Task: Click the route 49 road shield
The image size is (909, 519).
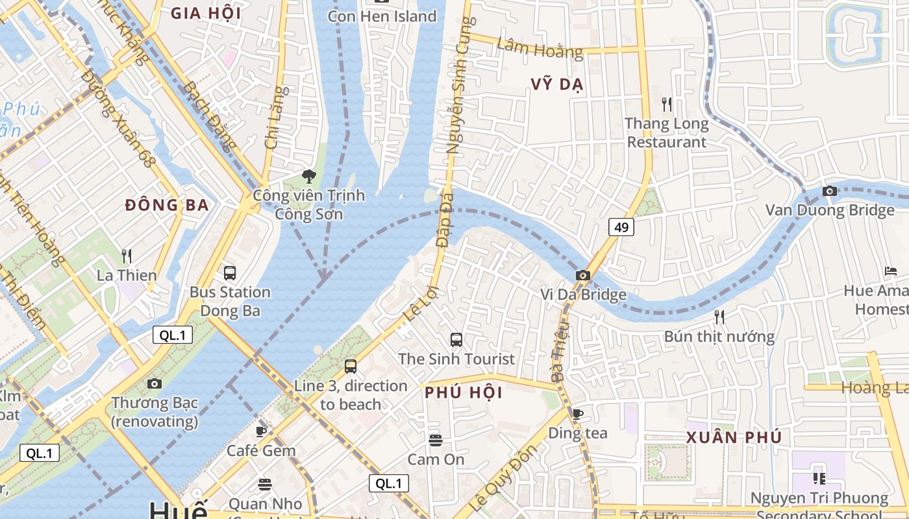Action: point(621,227)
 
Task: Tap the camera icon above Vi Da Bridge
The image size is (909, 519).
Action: point(583,276)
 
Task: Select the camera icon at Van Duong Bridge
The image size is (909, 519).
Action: point(829,191)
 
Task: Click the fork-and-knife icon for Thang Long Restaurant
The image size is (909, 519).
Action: point(666,104)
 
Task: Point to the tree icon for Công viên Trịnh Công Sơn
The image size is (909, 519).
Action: point(309,176)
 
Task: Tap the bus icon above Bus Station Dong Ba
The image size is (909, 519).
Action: point(230,272)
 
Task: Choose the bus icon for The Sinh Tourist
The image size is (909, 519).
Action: point(456,339)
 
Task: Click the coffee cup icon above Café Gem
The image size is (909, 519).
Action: point(261,431)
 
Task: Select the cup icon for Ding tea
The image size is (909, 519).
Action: point(578,414)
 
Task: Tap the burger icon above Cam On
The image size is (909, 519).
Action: point(436,441)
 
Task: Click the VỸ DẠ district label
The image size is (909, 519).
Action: point(557,84)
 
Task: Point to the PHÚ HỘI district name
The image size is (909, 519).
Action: point(464,392)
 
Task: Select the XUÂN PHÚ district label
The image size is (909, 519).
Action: point(734,437)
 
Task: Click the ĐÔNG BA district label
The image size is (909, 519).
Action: point(167,205)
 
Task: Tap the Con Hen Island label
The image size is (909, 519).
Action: point(382,16)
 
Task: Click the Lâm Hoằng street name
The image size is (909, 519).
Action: point(540,49)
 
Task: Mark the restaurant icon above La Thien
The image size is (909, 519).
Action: point(127,256)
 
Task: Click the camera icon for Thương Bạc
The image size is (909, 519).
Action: point(154,383)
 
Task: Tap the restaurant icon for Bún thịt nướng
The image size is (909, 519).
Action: point(719,317)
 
